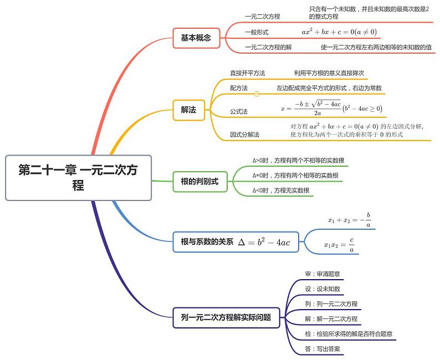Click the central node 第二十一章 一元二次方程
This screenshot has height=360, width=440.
[78, 177]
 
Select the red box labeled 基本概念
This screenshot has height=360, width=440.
[196, 38]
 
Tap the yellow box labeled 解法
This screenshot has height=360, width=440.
[188, 110]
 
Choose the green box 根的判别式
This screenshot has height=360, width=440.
[199, 181]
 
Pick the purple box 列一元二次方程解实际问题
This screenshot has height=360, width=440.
[226, 317]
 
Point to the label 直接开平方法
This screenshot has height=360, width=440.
[248, 73]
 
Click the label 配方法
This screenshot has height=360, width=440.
[239, 88]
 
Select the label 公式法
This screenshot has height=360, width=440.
[239, 111]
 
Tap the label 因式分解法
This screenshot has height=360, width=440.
[245, 135]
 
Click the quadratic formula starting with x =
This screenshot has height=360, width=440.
[331, 108]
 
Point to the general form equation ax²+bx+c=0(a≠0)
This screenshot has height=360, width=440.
[339, 33]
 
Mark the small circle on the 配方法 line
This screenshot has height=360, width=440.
[257, 94]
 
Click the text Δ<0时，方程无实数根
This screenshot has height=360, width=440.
[281, 191]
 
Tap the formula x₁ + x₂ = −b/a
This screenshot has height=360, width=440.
[350, 220]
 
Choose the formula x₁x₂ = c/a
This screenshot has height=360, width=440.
[339, 245]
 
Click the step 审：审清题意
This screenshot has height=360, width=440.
[323, 274]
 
